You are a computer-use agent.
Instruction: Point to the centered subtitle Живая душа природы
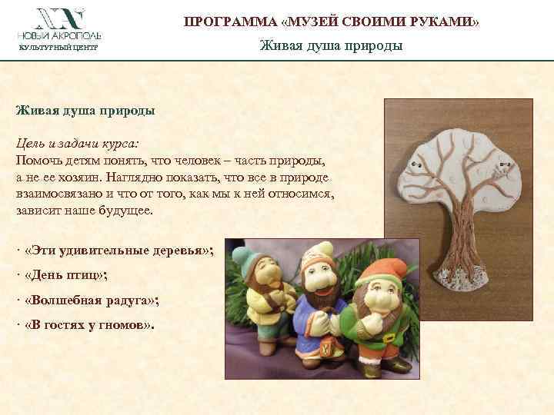pos(331,46)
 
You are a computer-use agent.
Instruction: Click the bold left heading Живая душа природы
pos(85,110)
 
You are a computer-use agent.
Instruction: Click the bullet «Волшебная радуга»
pos(92,300)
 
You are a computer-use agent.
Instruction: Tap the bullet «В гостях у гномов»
pos(90,324)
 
